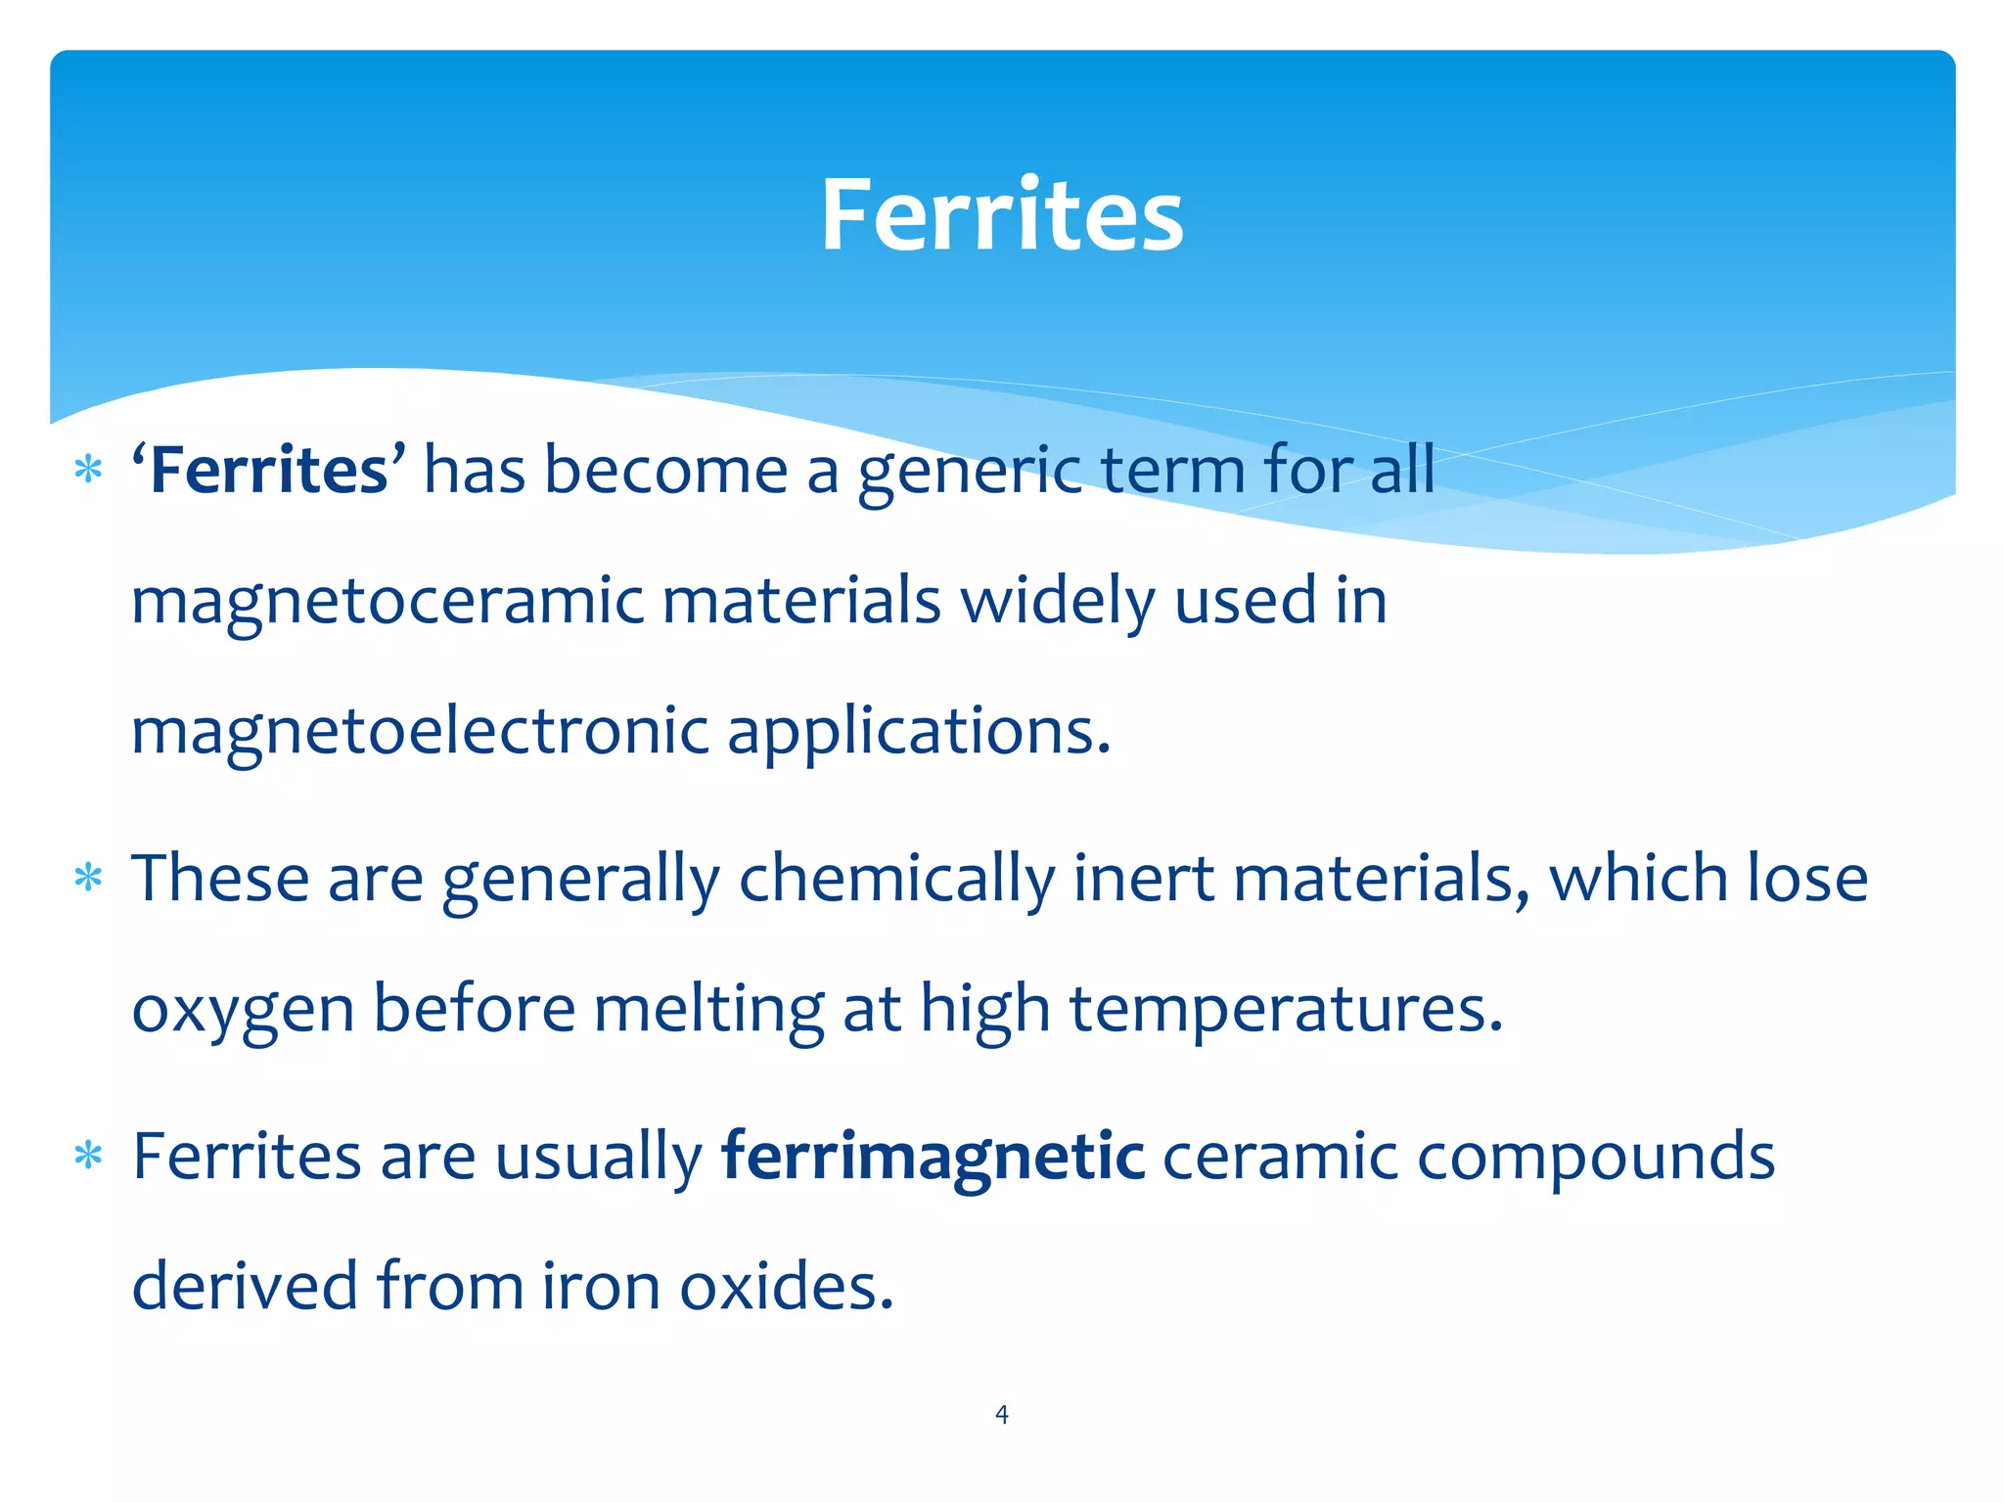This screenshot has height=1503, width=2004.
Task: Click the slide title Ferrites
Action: pyautogui.click(x=1002, y=215)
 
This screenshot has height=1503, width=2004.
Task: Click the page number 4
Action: pyautogui.click(x=1001, y=1414)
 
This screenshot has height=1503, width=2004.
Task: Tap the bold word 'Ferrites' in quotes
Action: pyautogui.click(x=269, y=471)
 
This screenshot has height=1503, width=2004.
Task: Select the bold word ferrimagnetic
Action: pyautogui.click(x=933, y=1158)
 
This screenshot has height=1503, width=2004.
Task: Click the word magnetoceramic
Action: pyautogui.click(x=387, y=601)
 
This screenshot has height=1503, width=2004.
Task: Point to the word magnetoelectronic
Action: pyautogui.click(x=420, y=732)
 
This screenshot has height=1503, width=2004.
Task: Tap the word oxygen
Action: pyautogui.click(x=243, y=1011)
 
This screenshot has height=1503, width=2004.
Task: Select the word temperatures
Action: pyautogui.click(x=1285, y=1011)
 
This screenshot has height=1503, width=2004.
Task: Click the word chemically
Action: pyautogui.click(x=896, y=880)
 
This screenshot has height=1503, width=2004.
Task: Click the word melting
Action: pyautogui.click(x=708, y=1011)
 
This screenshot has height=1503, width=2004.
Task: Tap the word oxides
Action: pyautogui.click(x=786, y=1286)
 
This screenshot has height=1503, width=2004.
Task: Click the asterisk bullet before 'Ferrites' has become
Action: pyautogui.click(x=88, y=471)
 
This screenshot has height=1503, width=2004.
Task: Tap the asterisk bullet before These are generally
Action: pyautogui.click(x=88, y=878)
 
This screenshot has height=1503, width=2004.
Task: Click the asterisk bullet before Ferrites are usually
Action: pyautogui.click(x=88, y=1157)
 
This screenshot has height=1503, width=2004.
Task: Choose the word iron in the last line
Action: pyautogui.click(x=600, y=1286)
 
